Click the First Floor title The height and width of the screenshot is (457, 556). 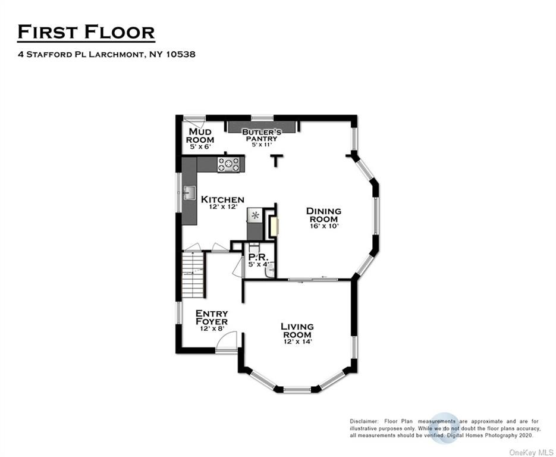point(86,32)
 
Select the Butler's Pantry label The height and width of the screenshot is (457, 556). point(262,135)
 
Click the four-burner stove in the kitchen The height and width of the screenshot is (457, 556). point(228,165)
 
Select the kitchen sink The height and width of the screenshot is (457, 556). point(190,193)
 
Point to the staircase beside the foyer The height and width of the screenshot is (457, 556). point(193,275)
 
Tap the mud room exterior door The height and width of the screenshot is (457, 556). point(195,121)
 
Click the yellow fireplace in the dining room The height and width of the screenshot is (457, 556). point(274,227)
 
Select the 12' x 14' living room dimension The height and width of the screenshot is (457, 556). point(298,342)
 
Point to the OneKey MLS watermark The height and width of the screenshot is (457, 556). point(531,453)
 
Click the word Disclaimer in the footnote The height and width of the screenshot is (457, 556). point(364,421)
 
